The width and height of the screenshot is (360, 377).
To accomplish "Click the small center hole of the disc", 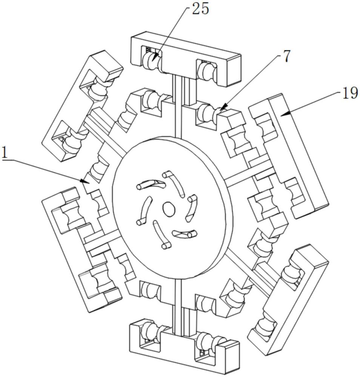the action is [169, 208].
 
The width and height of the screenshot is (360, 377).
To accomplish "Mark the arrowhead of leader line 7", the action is [221, 108].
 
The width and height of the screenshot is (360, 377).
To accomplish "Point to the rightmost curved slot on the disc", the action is [192, 208].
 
